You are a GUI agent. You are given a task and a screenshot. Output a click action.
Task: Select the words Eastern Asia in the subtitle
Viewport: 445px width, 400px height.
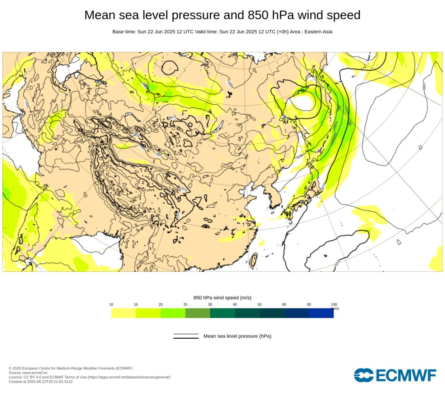click(x=318, y=32)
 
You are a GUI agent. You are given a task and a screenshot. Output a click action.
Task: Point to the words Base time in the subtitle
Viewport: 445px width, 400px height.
click(x=124, y=32)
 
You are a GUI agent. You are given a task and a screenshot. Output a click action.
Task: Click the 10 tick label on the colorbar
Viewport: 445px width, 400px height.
click(x=111, y=305)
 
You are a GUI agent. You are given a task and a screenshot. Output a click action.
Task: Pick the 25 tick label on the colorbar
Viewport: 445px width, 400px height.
click(x=185, y=305)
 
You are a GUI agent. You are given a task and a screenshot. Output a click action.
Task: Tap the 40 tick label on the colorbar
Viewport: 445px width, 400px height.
click(x=235, y=305)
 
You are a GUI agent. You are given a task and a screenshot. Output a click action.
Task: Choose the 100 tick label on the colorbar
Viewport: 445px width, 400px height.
click(x=334, y=305)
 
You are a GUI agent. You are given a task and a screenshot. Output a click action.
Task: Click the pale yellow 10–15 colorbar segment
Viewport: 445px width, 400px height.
click(x=123, y=313)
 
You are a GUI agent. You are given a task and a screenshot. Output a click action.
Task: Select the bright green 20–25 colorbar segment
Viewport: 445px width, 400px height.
click(x=173, y=313)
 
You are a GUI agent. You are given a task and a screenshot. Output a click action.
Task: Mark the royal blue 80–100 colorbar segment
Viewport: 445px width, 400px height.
click(x=321, y=313)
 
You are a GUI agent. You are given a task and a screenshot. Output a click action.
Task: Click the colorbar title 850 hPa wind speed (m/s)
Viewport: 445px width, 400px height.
click(x=222, y=298)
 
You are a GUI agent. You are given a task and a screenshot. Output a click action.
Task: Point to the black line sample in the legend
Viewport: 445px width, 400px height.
click(x=186, y=336)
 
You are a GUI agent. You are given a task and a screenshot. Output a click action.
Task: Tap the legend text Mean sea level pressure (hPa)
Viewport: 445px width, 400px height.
click(x=237, y=336)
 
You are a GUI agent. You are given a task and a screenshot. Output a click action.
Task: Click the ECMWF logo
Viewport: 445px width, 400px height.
click(x=395, y=375)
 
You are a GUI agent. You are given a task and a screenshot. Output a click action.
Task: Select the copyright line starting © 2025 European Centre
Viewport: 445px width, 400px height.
click(x=70, y=368)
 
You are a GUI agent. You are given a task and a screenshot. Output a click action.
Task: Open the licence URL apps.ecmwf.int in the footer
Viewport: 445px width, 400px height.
click(x=129, y=377)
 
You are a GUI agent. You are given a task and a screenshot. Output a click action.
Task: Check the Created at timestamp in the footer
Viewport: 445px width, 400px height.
click(x=41, y=382)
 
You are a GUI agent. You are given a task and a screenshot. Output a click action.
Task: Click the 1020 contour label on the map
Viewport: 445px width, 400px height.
click(x=424, y=87)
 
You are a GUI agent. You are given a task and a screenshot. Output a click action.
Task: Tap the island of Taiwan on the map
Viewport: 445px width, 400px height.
click(x=254, y=260)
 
